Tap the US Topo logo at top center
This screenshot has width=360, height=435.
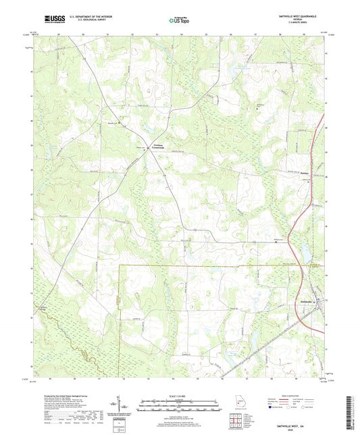179,20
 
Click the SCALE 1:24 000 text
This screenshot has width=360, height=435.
180,395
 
